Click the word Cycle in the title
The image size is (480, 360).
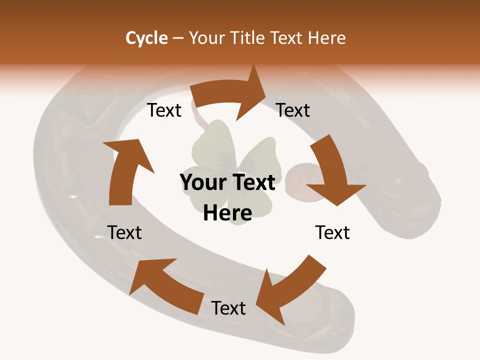click(146, 38)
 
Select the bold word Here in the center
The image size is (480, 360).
click(227, 213)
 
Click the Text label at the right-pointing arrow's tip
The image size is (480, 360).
click(293, 110)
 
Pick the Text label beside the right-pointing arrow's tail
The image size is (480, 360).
click(164, 110)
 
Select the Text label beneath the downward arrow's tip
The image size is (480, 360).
click(332, 232)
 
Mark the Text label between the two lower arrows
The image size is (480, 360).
click(228, 308)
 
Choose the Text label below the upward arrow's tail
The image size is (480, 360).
click(124, 232)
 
